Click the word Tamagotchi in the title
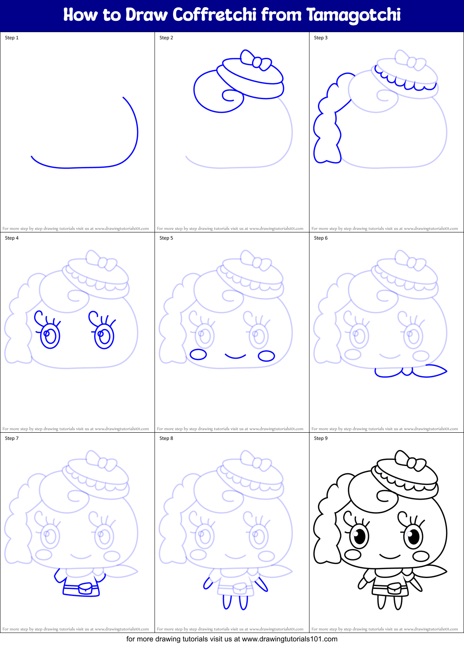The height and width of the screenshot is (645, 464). click(x=354, y=15)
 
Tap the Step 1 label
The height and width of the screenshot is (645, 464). click(x=12, y=38)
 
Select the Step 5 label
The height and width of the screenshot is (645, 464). click(x=166, y=238)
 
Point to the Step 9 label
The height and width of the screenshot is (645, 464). click(x=321, y=438)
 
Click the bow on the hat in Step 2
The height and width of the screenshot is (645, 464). click(x=255, y=60)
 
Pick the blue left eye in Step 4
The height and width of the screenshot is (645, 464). click(x=49, y=334)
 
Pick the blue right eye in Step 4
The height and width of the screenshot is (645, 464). click(x=104, y=334)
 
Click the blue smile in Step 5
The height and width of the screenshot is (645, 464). click(x=235, y=356)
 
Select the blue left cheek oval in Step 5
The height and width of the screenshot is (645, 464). click(x=198, y=354)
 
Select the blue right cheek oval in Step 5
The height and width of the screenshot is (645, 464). click(x=266, y=356)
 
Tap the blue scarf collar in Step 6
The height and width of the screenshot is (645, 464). click(x=407, y=372)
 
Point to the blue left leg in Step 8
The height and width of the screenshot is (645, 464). click(x=227, y=602)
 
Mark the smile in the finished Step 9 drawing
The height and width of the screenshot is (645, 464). click(x=390, y=557)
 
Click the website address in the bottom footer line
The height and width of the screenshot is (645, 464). click(x=289, y=639)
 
